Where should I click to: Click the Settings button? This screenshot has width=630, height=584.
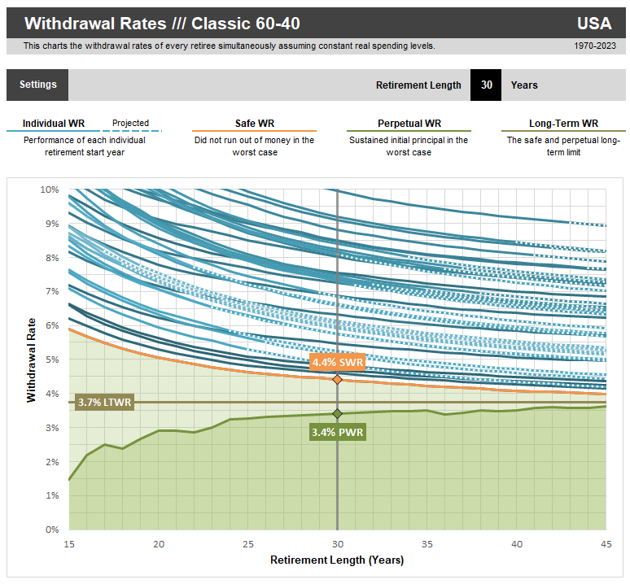pyautogui.click(x=37, y=85)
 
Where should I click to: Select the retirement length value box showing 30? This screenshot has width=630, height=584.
pyautogui.click(x=486, y=85)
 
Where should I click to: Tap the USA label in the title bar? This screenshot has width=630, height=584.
pyautogui.click(x=594, y=23)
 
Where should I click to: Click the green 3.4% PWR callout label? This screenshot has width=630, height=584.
pyautogui.click(x=337, y=432)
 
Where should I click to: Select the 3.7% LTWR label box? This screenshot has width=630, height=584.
pyautogui.click(x=103, y=402)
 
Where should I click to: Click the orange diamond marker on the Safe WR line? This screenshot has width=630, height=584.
pyautogui.click(x=337, y=379)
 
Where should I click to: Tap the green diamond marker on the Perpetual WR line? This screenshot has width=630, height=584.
pyautogui.click(x=337, y=414)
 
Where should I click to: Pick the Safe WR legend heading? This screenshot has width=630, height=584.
pyautogui.click(x=254, y=124)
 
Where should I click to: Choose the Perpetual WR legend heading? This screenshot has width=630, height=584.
pyautogui.click(x=409, y=124)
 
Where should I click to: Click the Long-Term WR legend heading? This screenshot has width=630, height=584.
pyautogui.click(x=563, y=124)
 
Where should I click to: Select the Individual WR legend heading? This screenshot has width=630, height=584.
pyautogui.click(x=54, y=124)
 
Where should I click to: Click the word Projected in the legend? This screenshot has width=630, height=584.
pyautogui.click(x=130, y=124)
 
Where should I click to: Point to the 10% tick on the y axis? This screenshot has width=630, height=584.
pyautogui.click(x=49, y=190)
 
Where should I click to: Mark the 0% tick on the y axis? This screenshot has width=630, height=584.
pyautogui.click(x=52, y=530)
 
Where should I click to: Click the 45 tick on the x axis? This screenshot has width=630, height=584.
pyautogui.click(x=606, y=543)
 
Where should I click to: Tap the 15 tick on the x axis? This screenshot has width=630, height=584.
pyautogui.click(x=69, y=543)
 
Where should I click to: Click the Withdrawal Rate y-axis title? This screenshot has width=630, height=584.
pyautogui.click(x=32, y=360)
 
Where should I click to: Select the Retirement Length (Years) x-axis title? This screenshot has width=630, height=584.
pyautogui.click(x=337, y=560)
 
